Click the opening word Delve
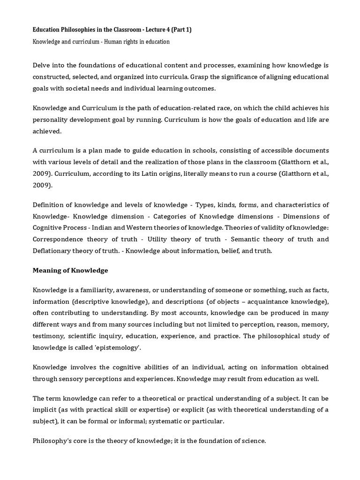click(42, 65)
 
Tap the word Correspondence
click(59, 240)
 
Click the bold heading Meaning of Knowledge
click(70, 270)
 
